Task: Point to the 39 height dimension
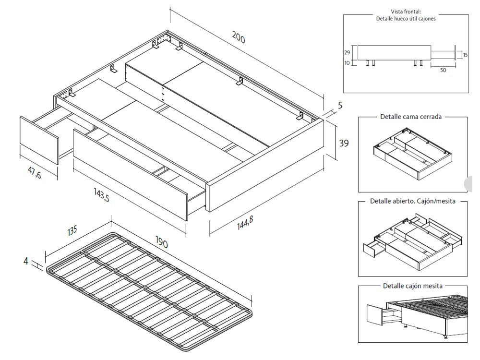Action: pyautogui.click(x=344, y=143)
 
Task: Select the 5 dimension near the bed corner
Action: pyautogui.click(x=340, y=105)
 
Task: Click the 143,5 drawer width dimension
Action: pyautogui.click(x=101, y=194)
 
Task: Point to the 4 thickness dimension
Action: pyautogui.click(x=26, y=262)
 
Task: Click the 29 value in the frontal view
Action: pyautogui.click(x=347, y=53)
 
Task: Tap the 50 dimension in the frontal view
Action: pyautogui.click(x=443, y=70)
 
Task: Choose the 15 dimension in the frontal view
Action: pyautogui.click(x=465, y=55)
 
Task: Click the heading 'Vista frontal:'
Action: pyautogui.click(x=406, y=12)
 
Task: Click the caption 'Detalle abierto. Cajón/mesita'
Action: pyautogui.click(x=412, y=201)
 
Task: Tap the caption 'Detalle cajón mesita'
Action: pyautogui.click(x=412, y=286)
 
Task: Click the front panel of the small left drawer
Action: pyautogui.click(x=38, y=140)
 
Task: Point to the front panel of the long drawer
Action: pyautogui.click(x=130, y=175)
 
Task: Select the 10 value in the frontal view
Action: pyautogui.click(x=347, y=62)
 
